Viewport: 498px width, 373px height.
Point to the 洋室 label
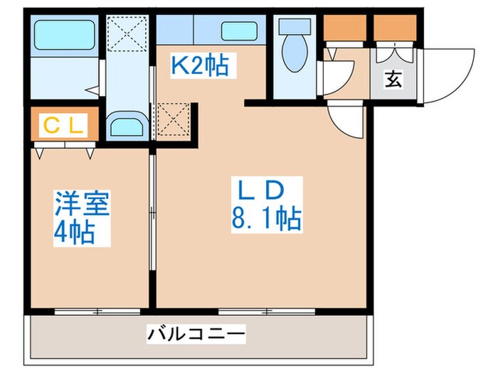tap(82, 206)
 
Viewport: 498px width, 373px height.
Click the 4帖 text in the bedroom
tap(75, 232)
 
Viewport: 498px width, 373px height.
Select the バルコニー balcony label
tap(196, 333)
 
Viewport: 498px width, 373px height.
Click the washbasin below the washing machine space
tap(128, 126)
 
